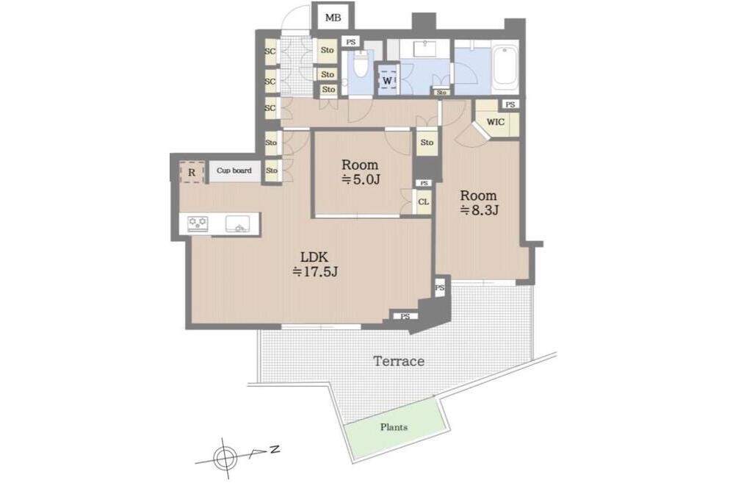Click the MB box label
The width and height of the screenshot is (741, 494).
coord(333,18)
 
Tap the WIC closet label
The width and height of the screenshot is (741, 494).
coord(495,122)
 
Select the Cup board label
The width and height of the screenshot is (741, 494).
coord(234,171)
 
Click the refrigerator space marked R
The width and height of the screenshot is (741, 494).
coord(192,173)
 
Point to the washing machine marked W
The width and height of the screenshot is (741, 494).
coord(387,81)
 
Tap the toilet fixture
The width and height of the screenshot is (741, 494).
coord(361,64)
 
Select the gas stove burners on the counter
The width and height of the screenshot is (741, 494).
coord(198,223)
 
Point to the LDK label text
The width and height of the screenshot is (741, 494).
coord(314,257)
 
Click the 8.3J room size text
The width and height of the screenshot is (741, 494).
coord(480,210)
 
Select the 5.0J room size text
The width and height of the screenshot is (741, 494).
coord(361,179)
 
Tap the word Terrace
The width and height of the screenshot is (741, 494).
coord(399,362)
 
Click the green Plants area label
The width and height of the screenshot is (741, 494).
coord(394,427)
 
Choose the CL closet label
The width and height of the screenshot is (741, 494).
coord(424,201)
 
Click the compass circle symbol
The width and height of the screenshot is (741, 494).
coord(225,457)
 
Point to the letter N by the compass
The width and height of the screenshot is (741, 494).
coord(275,449)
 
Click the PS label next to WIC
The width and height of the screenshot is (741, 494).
coord(510,104)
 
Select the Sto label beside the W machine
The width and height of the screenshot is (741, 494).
coord(441,93)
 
